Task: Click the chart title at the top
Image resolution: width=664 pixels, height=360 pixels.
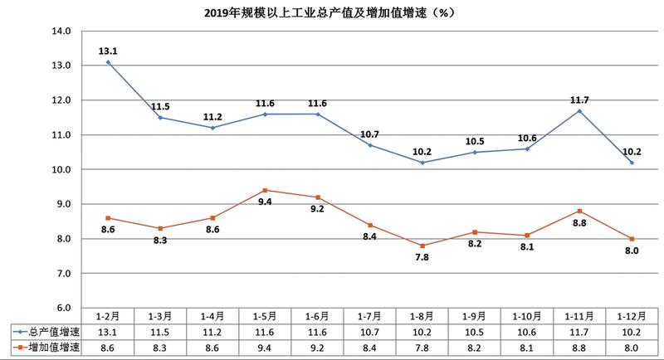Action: pyautogui.click(x=332, y=12)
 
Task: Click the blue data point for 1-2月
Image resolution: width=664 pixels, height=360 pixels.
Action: pyautogui.click(x=109, y=62)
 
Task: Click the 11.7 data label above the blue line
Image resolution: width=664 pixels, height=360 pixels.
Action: pyautogui.click(x=579, y=100)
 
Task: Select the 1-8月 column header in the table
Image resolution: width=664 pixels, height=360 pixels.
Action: pyautogui.click(x=423, y=316)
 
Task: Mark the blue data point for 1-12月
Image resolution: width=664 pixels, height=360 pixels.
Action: pyautogui.click(x=632, y=163)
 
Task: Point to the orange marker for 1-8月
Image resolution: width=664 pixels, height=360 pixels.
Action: pyautogui.click(x=423, y=246)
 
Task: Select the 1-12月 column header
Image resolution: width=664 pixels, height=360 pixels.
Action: pyautogui.click(x=632, y=316)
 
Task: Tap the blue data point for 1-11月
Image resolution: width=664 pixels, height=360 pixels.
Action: pyautogui.click(x=579, y=110)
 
